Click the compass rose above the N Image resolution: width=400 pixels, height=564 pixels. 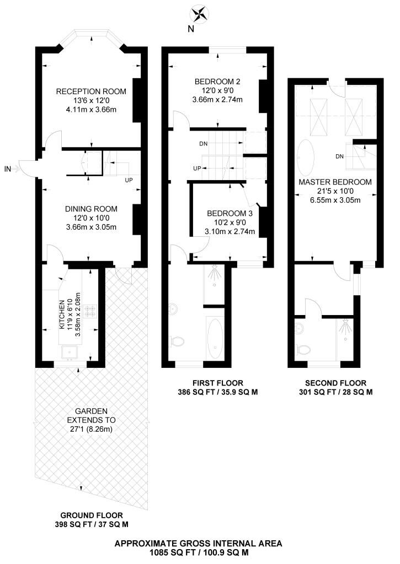point(199,14)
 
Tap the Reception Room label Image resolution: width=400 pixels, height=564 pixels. point(91,91)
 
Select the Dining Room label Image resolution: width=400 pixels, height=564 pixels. point(91,209)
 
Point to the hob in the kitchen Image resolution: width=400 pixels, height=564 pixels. point(90,311)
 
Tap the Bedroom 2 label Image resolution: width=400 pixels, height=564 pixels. point(217,82)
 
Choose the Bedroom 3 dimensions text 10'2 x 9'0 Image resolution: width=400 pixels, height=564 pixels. point(230,223)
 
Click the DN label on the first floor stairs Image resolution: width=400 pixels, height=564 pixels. point(203,144)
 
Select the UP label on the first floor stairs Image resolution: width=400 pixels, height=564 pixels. point(197,169)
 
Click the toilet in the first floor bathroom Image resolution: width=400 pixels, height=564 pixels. point(177,340)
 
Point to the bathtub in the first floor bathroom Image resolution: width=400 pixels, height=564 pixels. point(215,338)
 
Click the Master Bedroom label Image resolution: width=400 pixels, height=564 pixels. point(335,182)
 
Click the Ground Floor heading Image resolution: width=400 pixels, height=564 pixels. point(92,516)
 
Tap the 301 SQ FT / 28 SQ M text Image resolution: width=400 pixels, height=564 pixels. point(336,392)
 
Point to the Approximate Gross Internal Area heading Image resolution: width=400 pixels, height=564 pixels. point(198,544)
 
